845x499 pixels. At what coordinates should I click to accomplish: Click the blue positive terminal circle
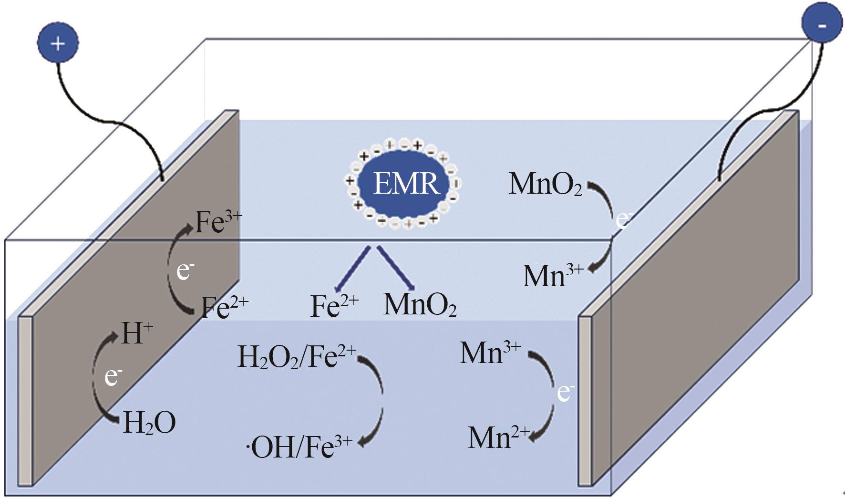[58, 43]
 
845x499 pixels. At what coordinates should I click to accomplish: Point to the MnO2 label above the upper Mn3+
[545, 184]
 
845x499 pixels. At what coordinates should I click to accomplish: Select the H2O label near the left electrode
[149, 423]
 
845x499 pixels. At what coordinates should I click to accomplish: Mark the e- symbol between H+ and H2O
[113, 377]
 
